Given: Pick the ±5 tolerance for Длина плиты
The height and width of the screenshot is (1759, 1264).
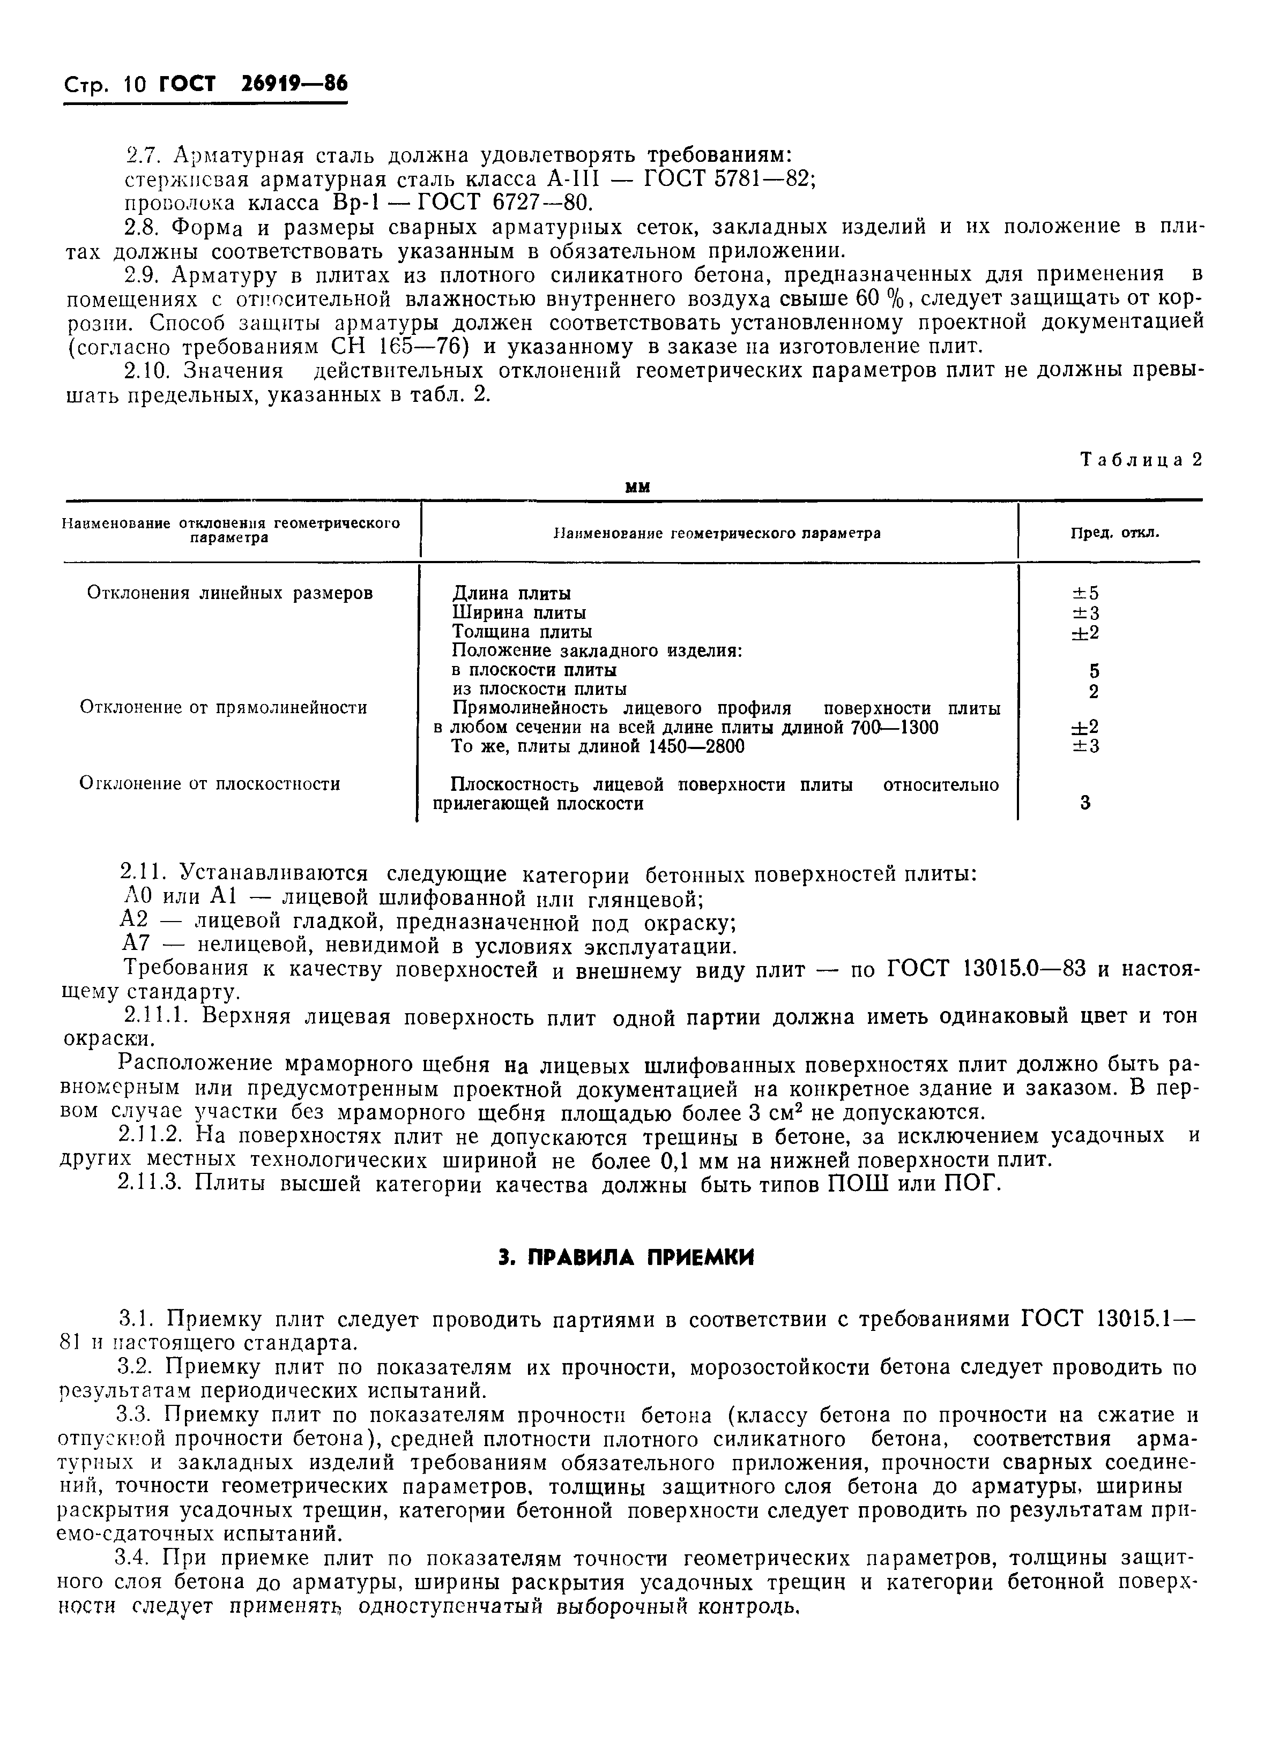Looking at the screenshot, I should tap(1085, 593).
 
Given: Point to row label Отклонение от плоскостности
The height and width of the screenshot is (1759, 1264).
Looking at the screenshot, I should tap(210, 783).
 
